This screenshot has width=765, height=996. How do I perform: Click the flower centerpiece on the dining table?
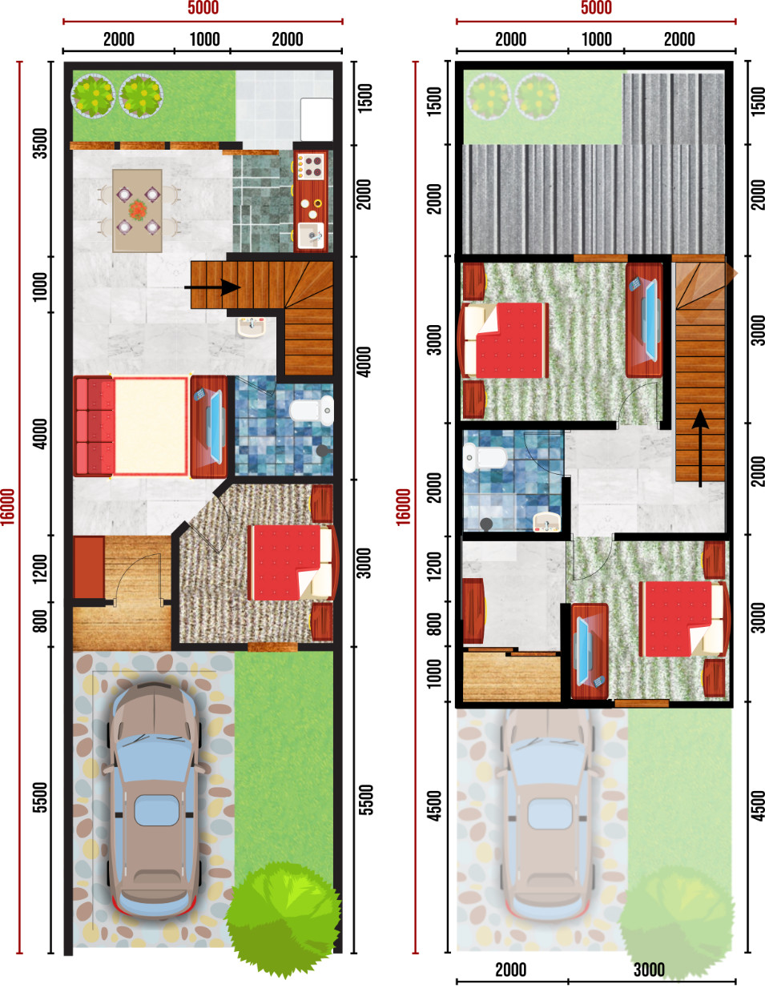click(x=137, y=210)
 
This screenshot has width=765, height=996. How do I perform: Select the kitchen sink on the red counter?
click(x=312, y=235)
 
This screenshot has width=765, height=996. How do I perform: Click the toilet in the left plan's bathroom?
click(x=312, y=410)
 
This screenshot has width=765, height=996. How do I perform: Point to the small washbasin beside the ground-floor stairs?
click(x=252, y=327)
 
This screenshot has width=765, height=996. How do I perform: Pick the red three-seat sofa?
click(x=94, y=426)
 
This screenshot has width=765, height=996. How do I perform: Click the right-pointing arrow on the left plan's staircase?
click(x=212, y=287)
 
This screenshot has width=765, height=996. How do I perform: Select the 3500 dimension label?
click(x=41, y=143)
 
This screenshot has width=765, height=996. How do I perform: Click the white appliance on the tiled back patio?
click(x=316, y=119)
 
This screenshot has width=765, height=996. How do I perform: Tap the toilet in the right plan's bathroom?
click(x=485, y=457)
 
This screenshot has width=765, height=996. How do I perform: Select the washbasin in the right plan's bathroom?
click(x=547, y=522)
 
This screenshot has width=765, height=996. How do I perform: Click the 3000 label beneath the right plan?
click(x=649, y=970)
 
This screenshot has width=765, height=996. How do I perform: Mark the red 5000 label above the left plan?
click(x=203, y=8)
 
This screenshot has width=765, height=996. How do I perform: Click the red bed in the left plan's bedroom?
click(x=291, y=562)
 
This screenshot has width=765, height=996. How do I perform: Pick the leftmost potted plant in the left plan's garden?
click(x=93, y=95)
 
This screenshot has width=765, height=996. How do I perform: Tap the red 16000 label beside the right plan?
click(x=403, y=507)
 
